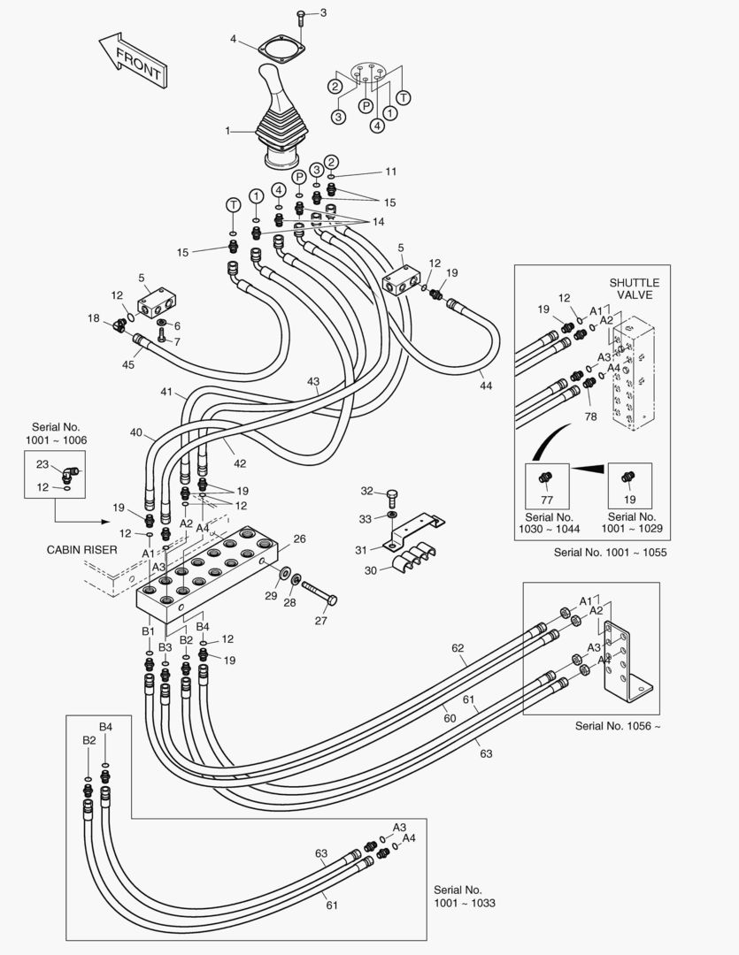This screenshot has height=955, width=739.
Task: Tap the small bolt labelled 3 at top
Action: click(301, 15)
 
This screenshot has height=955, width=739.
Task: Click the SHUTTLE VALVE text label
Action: click(634, 288)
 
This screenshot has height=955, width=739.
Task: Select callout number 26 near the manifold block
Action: click(299, 539)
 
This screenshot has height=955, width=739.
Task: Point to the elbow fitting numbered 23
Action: click(68, 470)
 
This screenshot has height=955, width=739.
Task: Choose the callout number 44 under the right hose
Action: click(485, 386)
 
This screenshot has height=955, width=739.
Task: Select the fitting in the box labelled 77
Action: click(546, 478)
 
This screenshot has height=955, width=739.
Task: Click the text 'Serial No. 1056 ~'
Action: click(618, 726)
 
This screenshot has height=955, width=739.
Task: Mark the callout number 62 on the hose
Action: click(458, 648)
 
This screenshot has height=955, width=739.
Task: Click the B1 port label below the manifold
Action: click(149, 631)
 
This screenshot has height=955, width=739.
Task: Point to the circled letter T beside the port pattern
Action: click(403, 96)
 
